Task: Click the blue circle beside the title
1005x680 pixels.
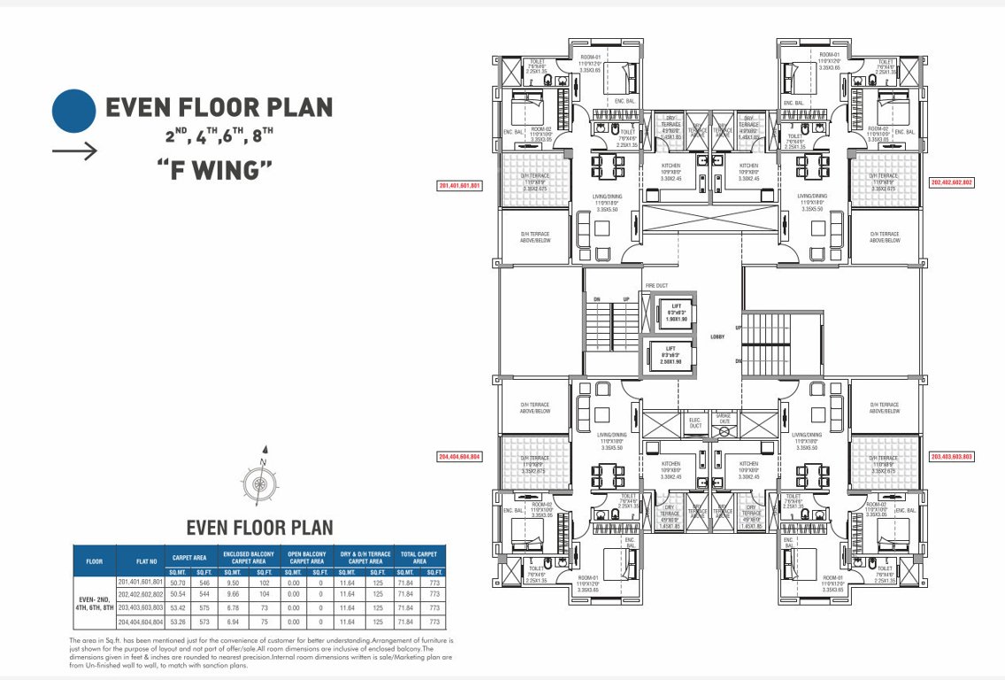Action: click(x=73, y=109)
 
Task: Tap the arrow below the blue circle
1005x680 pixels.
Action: click(x=74, y=151)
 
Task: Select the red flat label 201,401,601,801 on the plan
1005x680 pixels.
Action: click(x=459, y=186)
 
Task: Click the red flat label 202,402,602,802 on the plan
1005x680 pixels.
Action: click(x=952, y=182)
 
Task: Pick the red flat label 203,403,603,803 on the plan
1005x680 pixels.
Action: click(x=952, y=456)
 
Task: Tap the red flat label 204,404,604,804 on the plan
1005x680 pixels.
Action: click(x=459, y=456)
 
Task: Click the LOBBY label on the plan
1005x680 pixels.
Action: click(x=717, y=336)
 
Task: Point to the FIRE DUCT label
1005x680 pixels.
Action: click(x=656, y=285)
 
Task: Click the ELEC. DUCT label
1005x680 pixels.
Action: click(x=694, y=424)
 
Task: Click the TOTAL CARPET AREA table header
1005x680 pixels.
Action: click(x=419, y=557)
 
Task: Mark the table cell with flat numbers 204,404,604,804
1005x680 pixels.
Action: click(x=140, y=622)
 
